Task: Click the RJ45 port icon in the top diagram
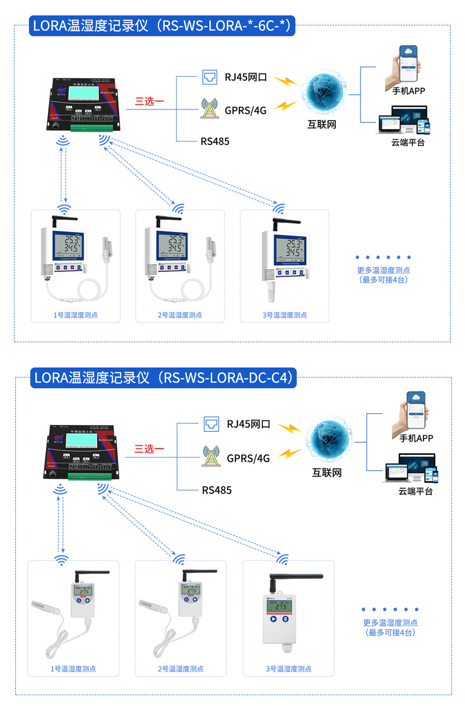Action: tap(209, 77)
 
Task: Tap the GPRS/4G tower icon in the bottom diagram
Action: tap(211, 456)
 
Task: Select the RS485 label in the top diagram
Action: tap(215, 142)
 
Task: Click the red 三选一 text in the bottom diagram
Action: tap(149, 449)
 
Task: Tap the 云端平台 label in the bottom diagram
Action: tap(415, 491)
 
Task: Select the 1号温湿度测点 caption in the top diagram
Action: tap(76, 315)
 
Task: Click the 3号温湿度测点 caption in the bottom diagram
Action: tap(289, 669)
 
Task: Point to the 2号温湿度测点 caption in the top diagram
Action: tap(180, 315)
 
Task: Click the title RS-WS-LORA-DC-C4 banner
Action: tap(163, 378)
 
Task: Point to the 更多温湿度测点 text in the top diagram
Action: tap(383, 271)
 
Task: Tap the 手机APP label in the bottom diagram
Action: tap(416, 438)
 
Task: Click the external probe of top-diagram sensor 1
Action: tap(107, 250)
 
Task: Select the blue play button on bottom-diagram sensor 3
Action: tap(273, 619)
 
